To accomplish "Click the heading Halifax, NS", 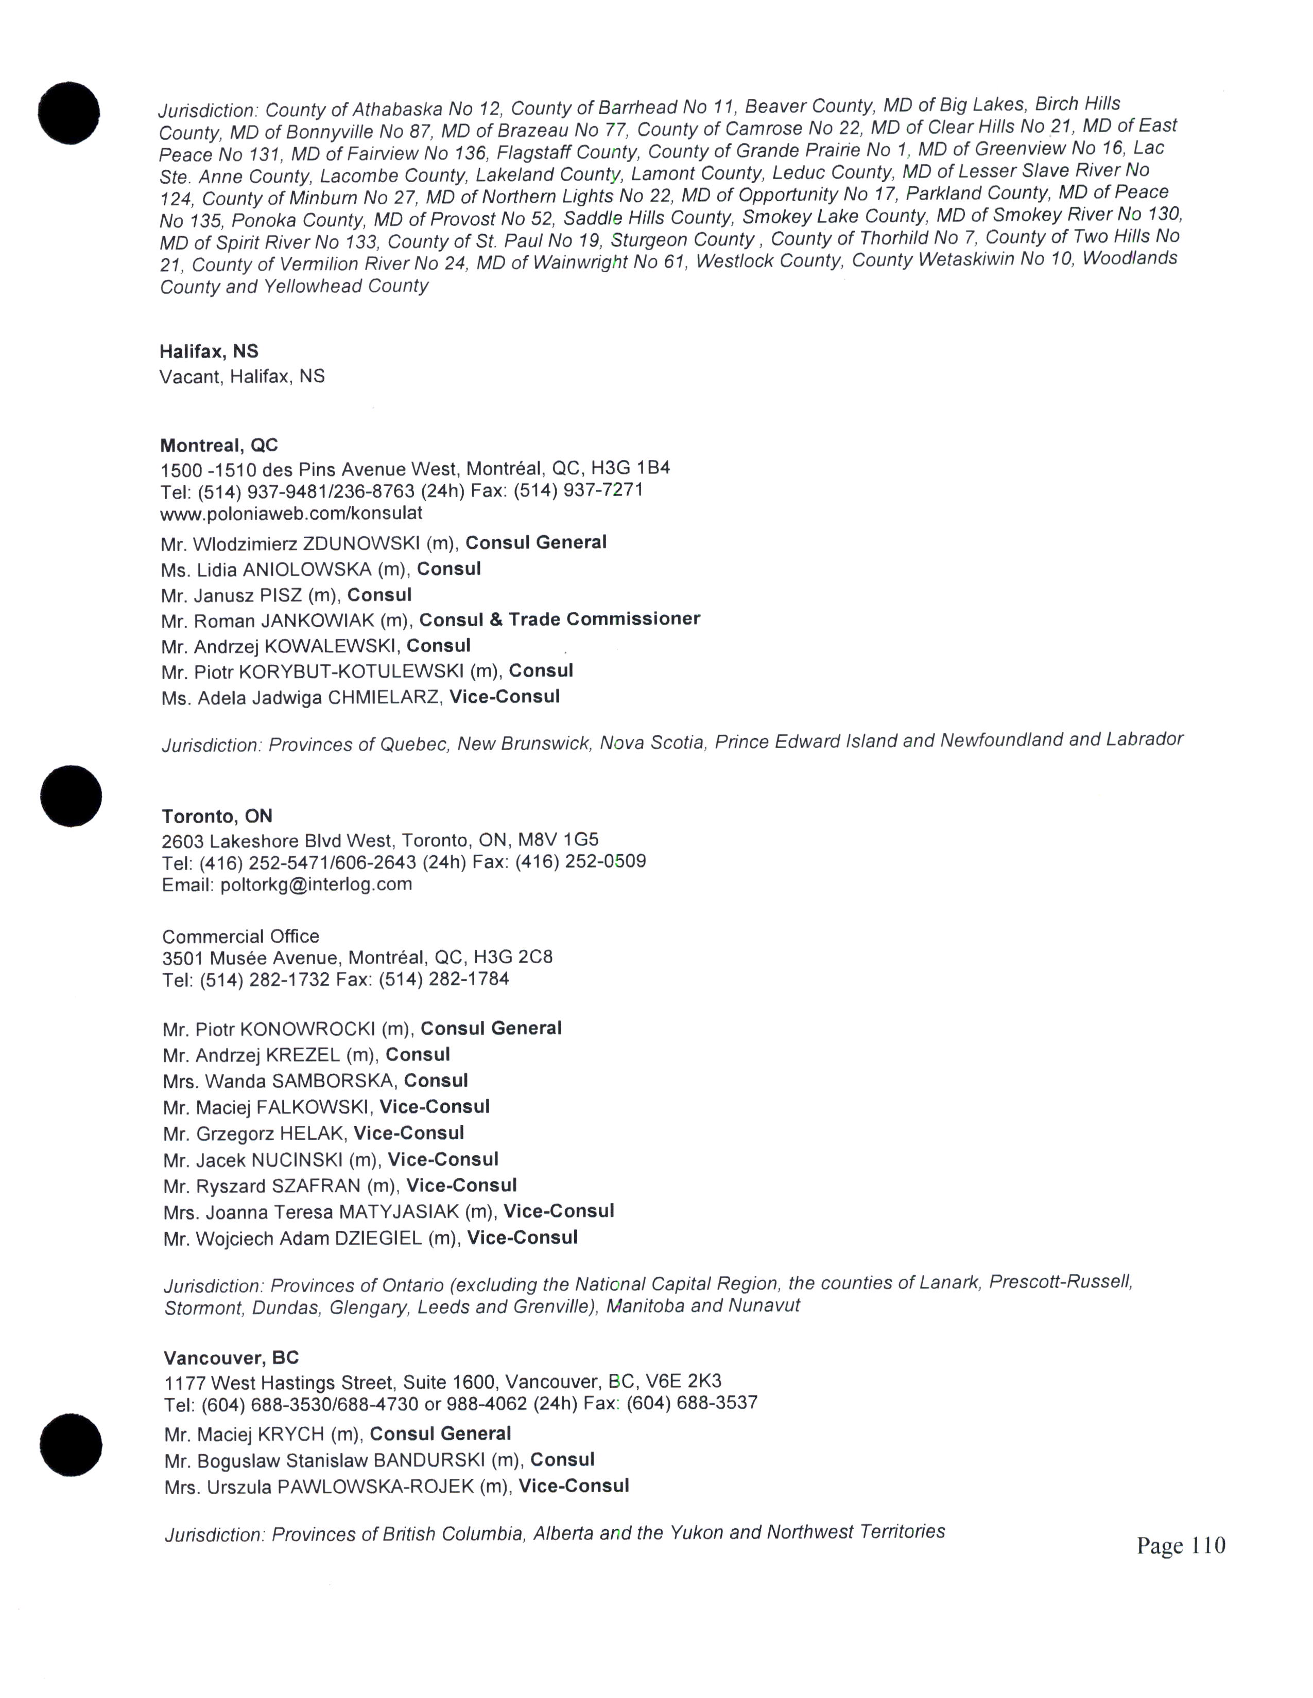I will (209, 351).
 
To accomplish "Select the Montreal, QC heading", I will (218, 446).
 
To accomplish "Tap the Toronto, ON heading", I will (217, 817).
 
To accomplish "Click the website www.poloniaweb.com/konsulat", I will (291, 513).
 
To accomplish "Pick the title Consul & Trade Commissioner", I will (559, 619).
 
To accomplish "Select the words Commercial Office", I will (240, 936).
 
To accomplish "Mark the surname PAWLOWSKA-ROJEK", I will (376, 1487).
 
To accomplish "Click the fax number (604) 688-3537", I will (692, 1403).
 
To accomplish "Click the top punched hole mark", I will (68, 113).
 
